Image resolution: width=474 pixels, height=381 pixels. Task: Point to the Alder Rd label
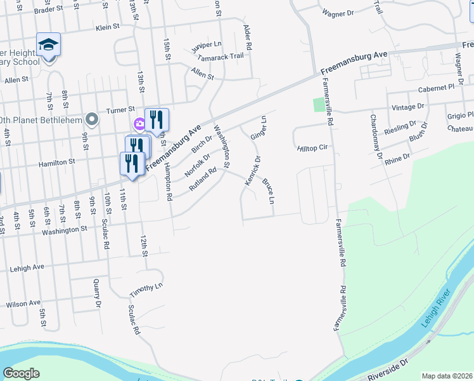(248, 39)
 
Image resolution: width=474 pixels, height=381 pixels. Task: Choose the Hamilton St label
(57, 162)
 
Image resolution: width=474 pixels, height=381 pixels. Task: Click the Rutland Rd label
(203, 180)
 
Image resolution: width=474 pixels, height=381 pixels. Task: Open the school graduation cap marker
(48, 44)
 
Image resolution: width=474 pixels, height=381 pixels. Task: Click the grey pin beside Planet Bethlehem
(93, 119)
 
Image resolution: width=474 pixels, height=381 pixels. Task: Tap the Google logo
(21, 373)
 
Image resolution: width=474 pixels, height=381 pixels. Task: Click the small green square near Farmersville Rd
(318, 104)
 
